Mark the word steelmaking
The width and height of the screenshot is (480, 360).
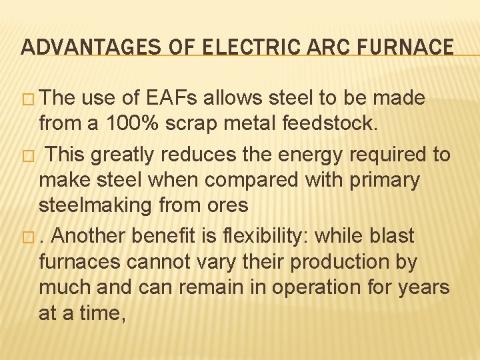(95, 205)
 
